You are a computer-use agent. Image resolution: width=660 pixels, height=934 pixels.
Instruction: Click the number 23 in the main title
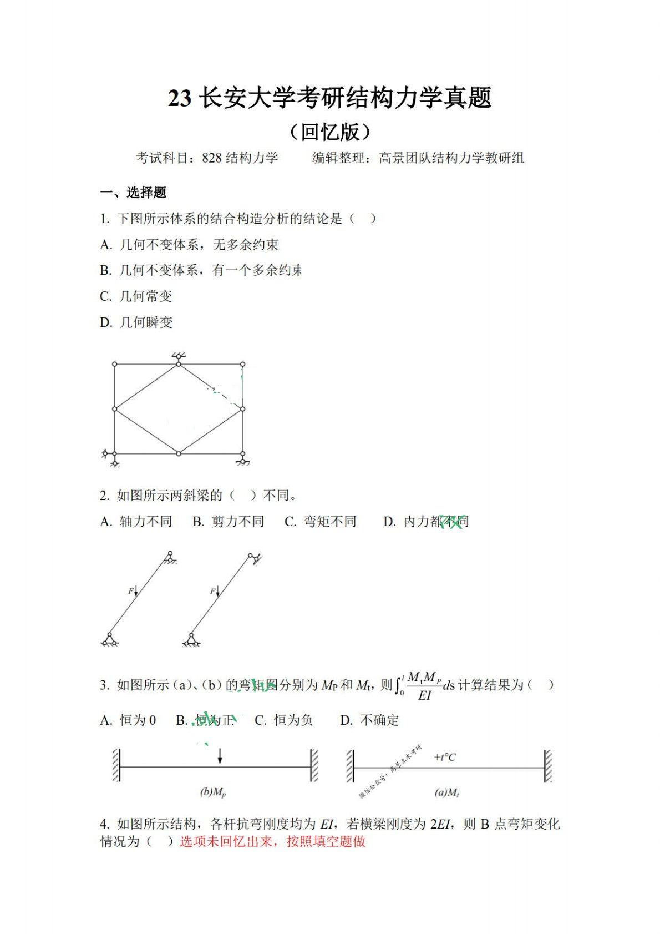[180, 98]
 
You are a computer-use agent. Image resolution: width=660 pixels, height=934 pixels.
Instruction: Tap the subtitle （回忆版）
[329, 132]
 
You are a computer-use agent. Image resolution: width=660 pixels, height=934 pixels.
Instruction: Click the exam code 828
[211, 158]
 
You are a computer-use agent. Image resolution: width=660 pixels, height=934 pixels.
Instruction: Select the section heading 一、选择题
[133, 193]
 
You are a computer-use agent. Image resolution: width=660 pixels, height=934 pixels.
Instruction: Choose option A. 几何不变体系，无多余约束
[189, 245]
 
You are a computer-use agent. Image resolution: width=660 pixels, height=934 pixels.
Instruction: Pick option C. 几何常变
[136, 296]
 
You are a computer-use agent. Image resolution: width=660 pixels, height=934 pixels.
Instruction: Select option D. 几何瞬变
[136, 322]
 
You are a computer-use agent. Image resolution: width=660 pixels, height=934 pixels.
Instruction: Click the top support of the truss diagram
[179, 357]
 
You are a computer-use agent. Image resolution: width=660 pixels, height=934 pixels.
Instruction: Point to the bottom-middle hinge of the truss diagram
[179, 453]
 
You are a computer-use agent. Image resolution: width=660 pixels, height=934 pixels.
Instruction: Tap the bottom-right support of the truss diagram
[243, 459]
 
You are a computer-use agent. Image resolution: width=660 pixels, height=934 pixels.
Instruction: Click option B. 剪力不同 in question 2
[228, 522]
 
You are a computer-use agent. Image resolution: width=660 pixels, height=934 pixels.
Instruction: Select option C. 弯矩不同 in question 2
[320, 522]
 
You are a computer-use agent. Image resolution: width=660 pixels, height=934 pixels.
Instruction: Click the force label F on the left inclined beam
[131, 591]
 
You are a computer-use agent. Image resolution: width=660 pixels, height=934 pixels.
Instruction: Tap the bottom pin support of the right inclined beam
[192, 640]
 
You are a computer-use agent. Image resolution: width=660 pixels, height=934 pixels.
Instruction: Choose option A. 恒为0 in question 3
[128, 720]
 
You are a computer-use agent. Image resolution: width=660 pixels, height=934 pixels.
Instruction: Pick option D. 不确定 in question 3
[369, 720]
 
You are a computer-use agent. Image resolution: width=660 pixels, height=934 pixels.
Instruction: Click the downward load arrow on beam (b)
[220, 755]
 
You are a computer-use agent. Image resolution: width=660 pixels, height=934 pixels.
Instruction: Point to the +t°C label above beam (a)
[445, 757]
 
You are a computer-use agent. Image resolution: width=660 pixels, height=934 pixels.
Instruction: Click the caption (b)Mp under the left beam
[213, 792]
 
